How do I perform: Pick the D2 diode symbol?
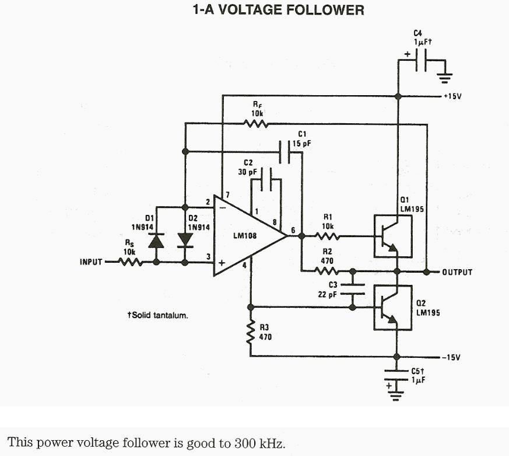pos(185,240)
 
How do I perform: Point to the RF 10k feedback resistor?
pos(255,123)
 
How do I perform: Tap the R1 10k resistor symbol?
pos(328,236)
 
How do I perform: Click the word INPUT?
pos(91,262)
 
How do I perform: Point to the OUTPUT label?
pos(457,272)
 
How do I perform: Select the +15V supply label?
pos(452,96)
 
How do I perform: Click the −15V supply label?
pos(452,357)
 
